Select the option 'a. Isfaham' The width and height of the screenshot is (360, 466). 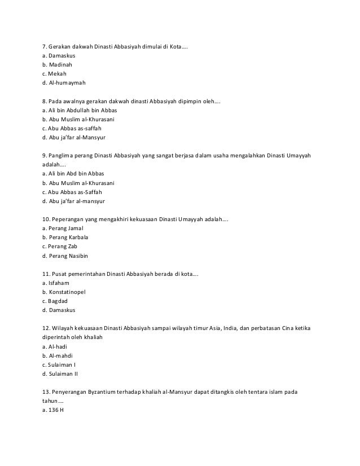(56, 283)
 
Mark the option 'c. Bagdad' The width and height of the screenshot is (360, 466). (56, 301)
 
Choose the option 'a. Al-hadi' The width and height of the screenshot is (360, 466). (56, 347)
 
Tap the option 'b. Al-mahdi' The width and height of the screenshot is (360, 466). (58, 356)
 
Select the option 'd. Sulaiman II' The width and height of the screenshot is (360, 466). (60, 374)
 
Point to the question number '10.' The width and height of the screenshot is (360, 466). (46, 218)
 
